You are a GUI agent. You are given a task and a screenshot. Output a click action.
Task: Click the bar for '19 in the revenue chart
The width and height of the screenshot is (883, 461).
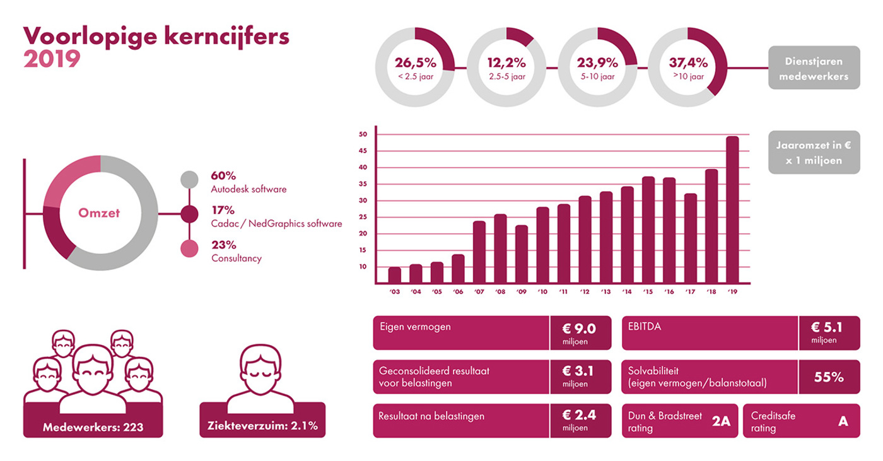732,210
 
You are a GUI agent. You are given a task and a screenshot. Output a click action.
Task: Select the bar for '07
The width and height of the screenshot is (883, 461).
479,252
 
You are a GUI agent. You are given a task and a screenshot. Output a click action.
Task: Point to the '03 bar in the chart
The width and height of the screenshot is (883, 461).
395,276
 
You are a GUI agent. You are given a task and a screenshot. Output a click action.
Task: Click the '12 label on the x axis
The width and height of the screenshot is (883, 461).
585,292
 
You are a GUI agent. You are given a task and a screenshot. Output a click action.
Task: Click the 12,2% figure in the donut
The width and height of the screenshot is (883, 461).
506,63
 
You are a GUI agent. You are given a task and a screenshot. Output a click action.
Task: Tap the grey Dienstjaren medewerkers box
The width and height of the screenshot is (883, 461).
814,67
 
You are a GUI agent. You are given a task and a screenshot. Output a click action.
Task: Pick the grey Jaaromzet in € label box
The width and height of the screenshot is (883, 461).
814,152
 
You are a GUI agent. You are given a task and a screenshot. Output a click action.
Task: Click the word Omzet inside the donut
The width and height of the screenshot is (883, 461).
99,213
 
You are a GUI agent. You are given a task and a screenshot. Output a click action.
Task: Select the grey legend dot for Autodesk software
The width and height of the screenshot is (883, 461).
189,180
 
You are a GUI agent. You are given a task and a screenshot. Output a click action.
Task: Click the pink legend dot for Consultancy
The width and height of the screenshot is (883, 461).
189,249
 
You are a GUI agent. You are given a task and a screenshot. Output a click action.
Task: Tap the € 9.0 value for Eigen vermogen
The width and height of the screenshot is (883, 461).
580,328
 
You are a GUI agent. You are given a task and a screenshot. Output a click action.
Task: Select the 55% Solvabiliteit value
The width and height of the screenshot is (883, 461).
829,377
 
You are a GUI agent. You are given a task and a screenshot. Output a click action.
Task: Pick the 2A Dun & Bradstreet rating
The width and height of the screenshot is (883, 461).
720,421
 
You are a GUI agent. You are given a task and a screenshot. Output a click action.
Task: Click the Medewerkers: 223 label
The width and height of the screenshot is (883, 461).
93,427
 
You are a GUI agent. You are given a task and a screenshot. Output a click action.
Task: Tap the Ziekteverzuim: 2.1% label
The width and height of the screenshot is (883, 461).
262,426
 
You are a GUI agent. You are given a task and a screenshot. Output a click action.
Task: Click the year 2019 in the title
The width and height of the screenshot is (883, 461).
52,59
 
